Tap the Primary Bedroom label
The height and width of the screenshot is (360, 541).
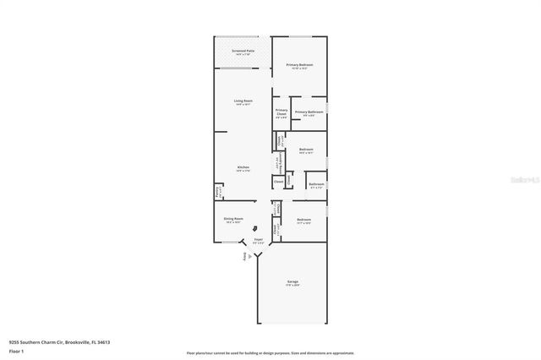[300, 65]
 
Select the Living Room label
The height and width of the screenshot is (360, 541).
[243, 101]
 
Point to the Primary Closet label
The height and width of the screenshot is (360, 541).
[281, 112]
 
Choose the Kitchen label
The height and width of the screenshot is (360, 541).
[243, 167]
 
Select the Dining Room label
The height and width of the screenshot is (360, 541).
[233, 219]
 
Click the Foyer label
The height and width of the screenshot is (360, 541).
[259, 240]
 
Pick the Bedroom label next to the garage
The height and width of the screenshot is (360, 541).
[304, 220]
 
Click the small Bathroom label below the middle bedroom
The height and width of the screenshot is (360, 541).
[316, 184]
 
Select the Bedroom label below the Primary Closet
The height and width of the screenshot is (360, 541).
[306, 149]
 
